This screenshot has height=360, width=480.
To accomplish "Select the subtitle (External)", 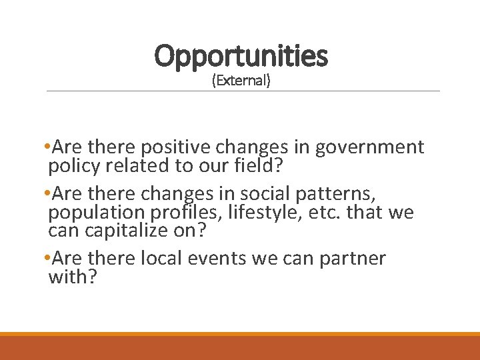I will [241, 81].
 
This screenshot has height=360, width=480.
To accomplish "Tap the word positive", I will [176, 147].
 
